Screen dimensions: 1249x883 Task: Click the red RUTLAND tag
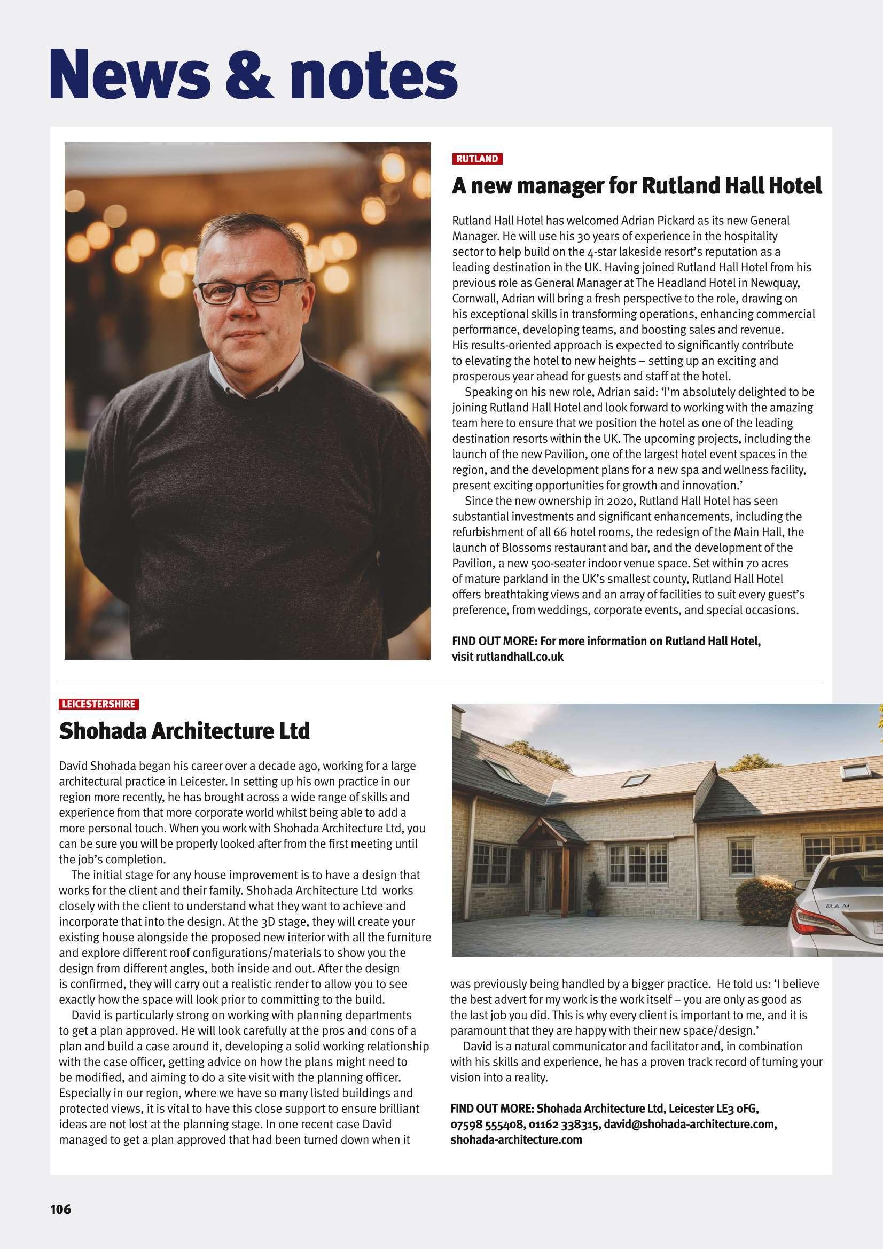coord(476,159)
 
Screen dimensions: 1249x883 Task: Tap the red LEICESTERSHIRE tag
coord(98,704)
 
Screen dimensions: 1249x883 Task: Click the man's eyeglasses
coord(249,291)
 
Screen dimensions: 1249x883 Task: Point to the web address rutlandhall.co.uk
coord(520,657)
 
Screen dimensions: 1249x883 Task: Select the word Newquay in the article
coord(775,283)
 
